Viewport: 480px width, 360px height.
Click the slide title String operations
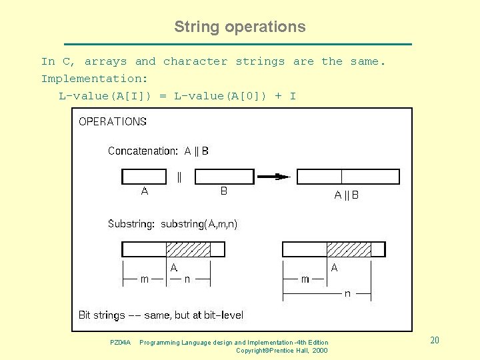(x=239, y=27)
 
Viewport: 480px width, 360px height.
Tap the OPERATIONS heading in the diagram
(x=113, y=121)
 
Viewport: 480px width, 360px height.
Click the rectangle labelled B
(x=223, y=177)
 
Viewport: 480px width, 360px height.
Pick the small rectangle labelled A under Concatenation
(x=144, y=177)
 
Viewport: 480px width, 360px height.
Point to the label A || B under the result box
(x=346, y=195)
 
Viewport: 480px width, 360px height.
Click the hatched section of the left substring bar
(x=188, y=249)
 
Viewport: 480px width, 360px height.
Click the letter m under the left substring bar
(x=145, y=279)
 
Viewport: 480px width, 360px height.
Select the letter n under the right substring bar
(x=347, y=293)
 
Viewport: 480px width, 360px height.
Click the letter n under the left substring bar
(x=187, y=279)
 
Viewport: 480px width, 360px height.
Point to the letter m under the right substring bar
(x=305, y=279)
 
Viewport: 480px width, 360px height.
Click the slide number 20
(x=435, y=341)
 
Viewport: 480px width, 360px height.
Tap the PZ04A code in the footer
(x=120, y=343)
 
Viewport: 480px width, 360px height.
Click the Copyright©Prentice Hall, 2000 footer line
(x=281, y=351)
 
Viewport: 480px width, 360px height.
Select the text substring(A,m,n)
(x=199, y=224)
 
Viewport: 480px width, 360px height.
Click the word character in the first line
(x=195, y=61)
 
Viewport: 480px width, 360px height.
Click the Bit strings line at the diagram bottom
(x=161, y=315)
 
